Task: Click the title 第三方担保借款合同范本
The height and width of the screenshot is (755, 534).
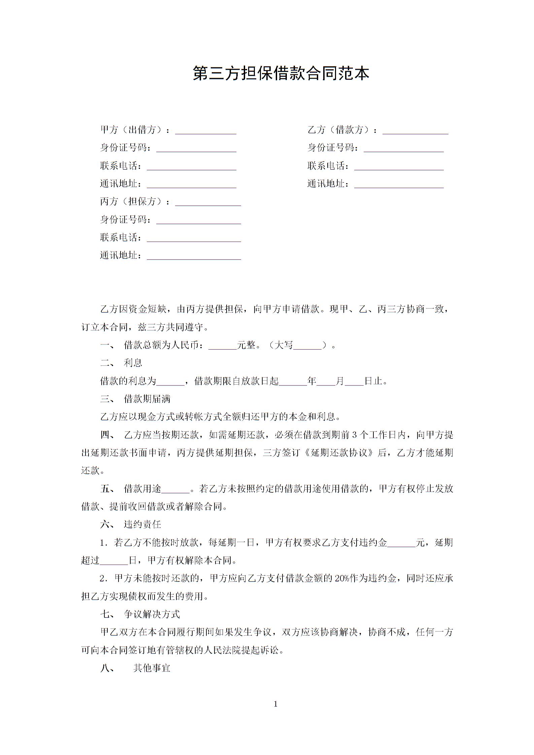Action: coord(281,73)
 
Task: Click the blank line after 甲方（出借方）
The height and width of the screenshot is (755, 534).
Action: coord(205,131)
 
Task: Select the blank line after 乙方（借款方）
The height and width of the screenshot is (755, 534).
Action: coord(415,131)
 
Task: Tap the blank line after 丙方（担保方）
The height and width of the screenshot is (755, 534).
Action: coord(208,203)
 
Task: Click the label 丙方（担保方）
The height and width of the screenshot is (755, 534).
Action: coord(135,202)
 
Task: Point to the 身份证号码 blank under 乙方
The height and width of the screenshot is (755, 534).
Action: coord(403,149)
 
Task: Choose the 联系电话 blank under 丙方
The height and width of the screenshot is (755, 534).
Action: coord(194,239)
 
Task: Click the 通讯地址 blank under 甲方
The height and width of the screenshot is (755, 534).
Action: coord(191,185)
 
